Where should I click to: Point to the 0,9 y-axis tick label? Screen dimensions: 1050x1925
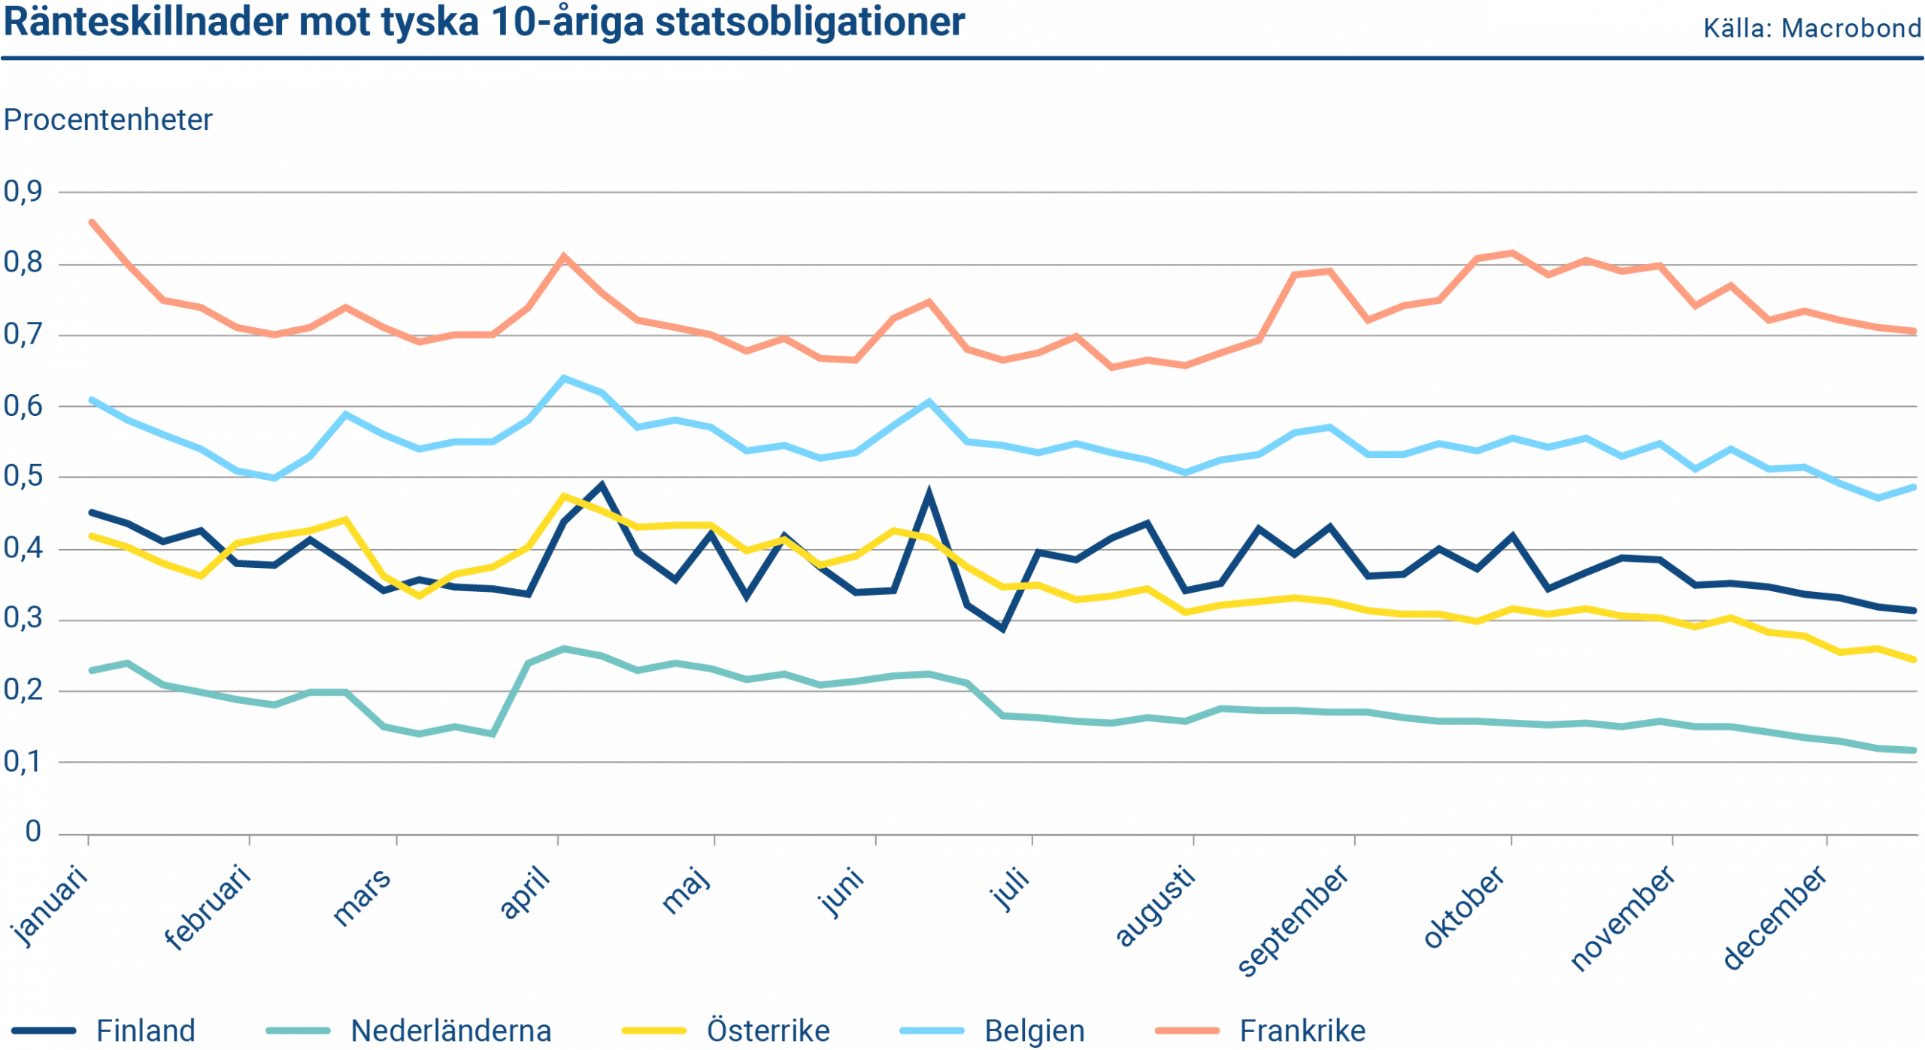23,192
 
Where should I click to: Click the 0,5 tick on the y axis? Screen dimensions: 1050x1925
23,477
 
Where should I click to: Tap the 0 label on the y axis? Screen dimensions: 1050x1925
32,831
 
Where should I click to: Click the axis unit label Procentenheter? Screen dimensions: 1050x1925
108,120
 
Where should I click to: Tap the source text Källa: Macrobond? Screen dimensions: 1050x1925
1812,29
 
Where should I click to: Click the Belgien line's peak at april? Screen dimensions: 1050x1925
565,377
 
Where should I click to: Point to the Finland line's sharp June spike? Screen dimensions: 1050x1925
929,492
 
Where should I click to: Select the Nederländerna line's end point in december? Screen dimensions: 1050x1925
1914,750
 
